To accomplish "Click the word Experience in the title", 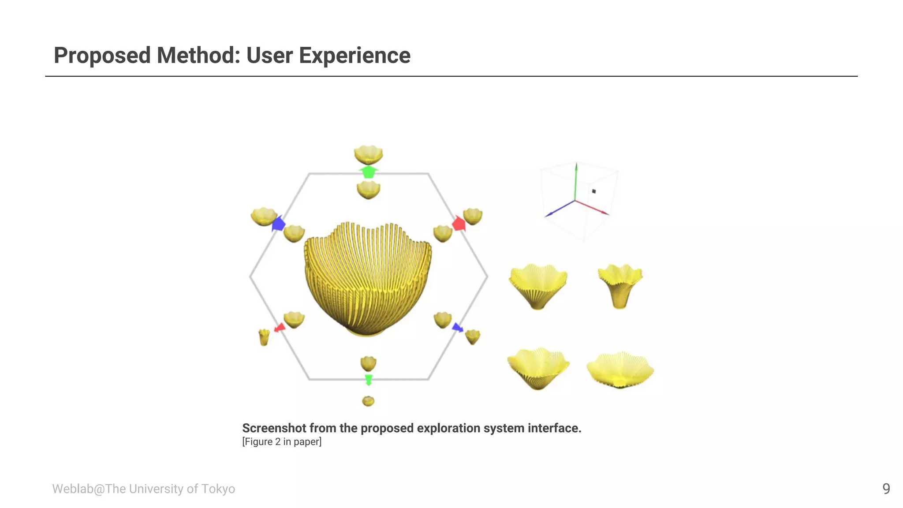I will pyautogui.click(x=354, y=56).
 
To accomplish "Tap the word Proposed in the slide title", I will pyautogui.click(x=102, y=56).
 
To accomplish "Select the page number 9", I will pyautogui.click(x=886, y=489).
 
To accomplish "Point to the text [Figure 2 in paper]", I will pyautogui.click(x=282, y=442).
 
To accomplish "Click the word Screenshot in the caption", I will pyautogui.click(x=274, y=428).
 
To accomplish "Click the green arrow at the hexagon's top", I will pyautogui.click(x=368, y=172).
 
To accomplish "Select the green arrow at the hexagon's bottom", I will pyautogui.click(x=369, y=379).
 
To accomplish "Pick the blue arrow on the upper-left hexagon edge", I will pyautogui.click(x=279, y=224).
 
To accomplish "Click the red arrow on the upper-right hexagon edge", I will pyautogui.click(x=459, y=224).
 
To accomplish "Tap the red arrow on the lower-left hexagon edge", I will pyautogui.click(x=280, y=328).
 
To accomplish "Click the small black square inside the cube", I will pyautogui.click(x=594, y=191).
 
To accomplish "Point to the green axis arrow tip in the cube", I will pyautogui.click(x=576, y=166).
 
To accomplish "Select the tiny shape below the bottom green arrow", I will pyautogui.click(x=368, y=401).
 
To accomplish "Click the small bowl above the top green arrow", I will pyautogui.click(x=368, y=154).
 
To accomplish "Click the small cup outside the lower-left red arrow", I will pyautogui.click(x=264, y=337).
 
